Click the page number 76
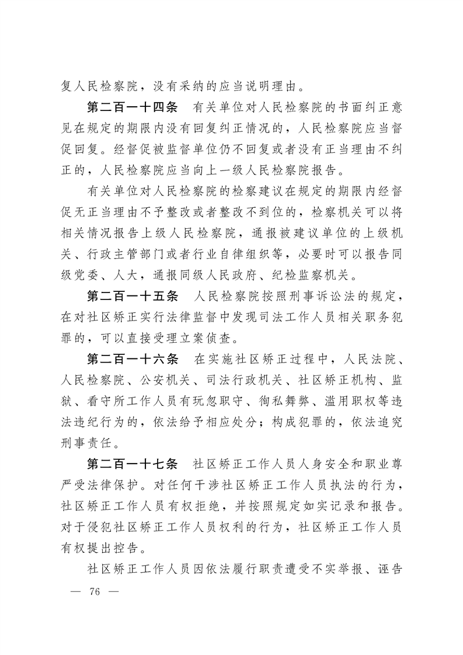pos(93,592)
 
